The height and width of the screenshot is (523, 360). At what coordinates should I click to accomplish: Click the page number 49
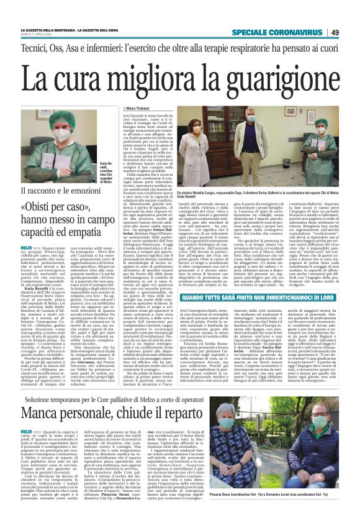click(351, 32)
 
